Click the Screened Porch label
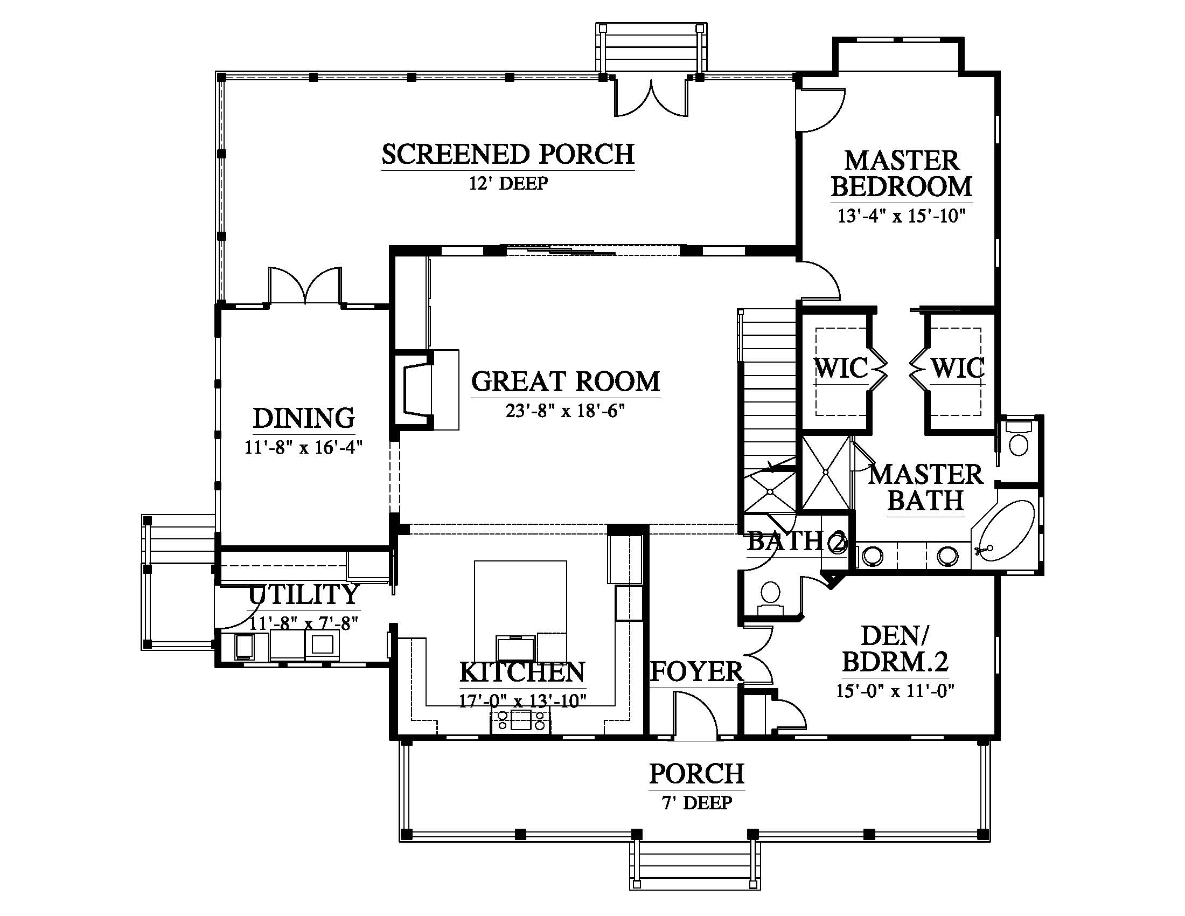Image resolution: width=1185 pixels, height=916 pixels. (508, 154)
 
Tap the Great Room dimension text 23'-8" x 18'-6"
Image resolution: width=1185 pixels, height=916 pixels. (566, 411)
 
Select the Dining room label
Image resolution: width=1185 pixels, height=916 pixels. (304, 418)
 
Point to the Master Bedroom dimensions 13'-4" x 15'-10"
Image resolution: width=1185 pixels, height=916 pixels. (901, 216)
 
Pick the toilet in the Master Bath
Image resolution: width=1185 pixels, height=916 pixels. (1019, 438)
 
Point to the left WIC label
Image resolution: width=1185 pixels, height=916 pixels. (841, 368)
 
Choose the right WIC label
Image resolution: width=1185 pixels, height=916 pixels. (958, 368)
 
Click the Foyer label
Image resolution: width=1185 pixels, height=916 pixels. (696, 672)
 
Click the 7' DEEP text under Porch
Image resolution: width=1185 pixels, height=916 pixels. (696, 803)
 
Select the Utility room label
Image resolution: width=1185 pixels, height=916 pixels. (304, 595)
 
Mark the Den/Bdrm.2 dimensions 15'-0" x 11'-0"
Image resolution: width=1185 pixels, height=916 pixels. (895, 691)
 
